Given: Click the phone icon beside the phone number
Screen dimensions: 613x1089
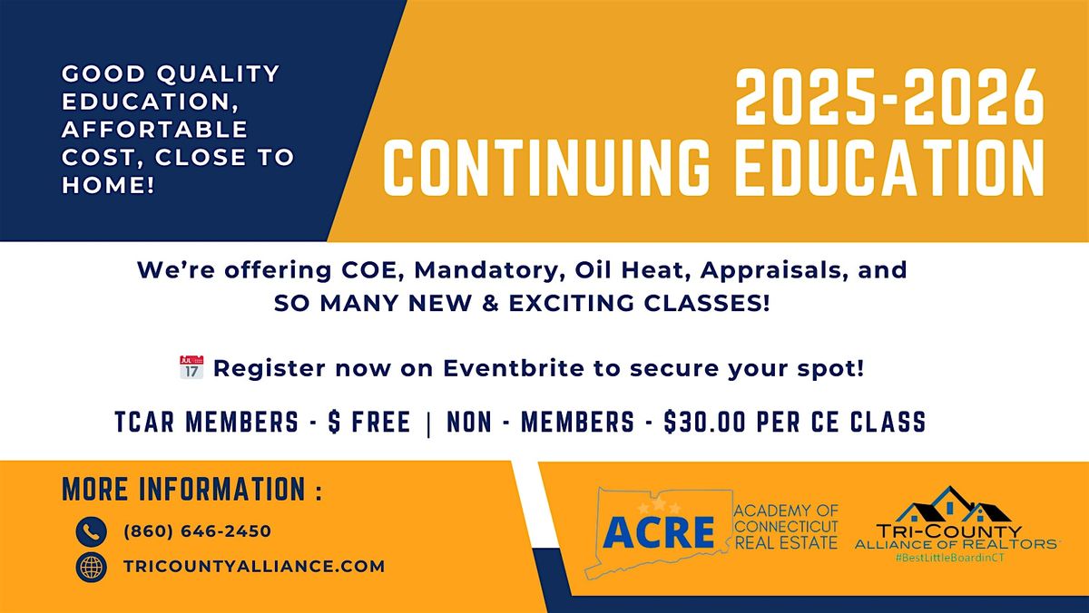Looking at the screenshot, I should [92, 531].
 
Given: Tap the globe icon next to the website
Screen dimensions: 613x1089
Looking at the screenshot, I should [92, 566].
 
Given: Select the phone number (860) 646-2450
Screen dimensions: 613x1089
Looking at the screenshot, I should [197, 531].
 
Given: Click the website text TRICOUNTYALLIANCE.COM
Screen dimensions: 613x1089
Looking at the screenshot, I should [254, 566].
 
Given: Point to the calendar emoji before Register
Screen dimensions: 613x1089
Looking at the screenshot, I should [191, 369].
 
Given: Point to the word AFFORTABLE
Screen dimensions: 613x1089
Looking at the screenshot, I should [154, 130].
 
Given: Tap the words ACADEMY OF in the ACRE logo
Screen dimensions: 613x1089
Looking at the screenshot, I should [786, 511].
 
